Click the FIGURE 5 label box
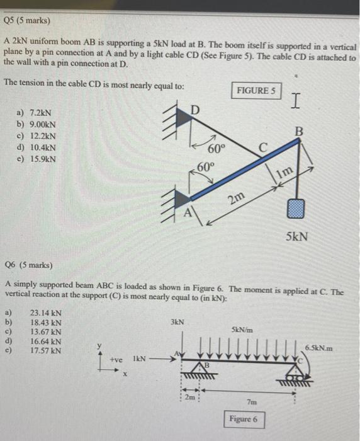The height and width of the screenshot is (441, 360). coord(256,91)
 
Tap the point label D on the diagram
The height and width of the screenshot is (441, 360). coord(195,112)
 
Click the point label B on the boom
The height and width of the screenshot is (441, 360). coord(299,132)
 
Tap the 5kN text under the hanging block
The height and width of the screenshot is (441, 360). coord(296,237)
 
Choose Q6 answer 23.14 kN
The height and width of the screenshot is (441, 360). coord(45,312)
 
